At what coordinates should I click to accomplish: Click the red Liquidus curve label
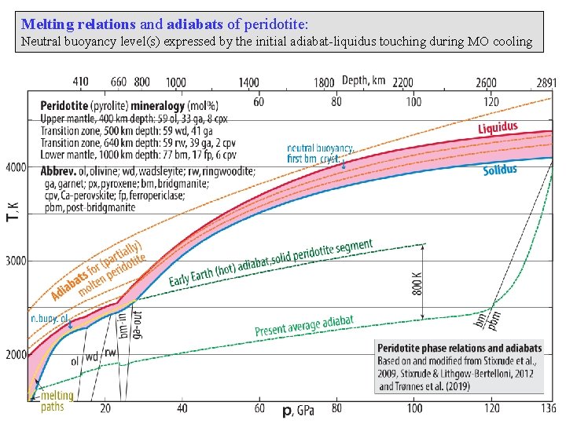coord(498,128)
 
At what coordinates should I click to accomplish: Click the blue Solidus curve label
coord(499,170)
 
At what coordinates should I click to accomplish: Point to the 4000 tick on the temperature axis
coord(14,167)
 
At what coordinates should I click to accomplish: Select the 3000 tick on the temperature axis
coord(14,261)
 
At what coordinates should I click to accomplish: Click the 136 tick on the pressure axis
coord(547,409)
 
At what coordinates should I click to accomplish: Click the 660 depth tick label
coord(118,82)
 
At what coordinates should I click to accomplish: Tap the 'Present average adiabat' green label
coord(303,326)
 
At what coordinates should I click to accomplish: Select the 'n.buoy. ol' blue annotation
coord(50,318)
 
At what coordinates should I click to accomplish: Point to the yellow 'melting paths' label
coord(57,400)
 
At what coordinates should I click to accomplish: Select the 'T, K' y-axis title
coord(12,207)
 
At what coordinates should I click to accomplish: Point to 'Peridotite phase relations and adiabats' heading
coord(459,348)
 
